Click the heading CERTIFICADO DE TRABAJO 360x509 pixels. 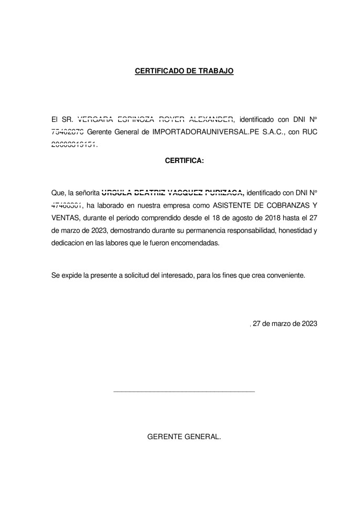point(184,70)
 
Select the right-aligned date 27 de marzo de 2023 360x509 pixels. point(284,324)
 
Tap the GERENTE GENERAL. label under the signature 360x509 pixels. point(184,436)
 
